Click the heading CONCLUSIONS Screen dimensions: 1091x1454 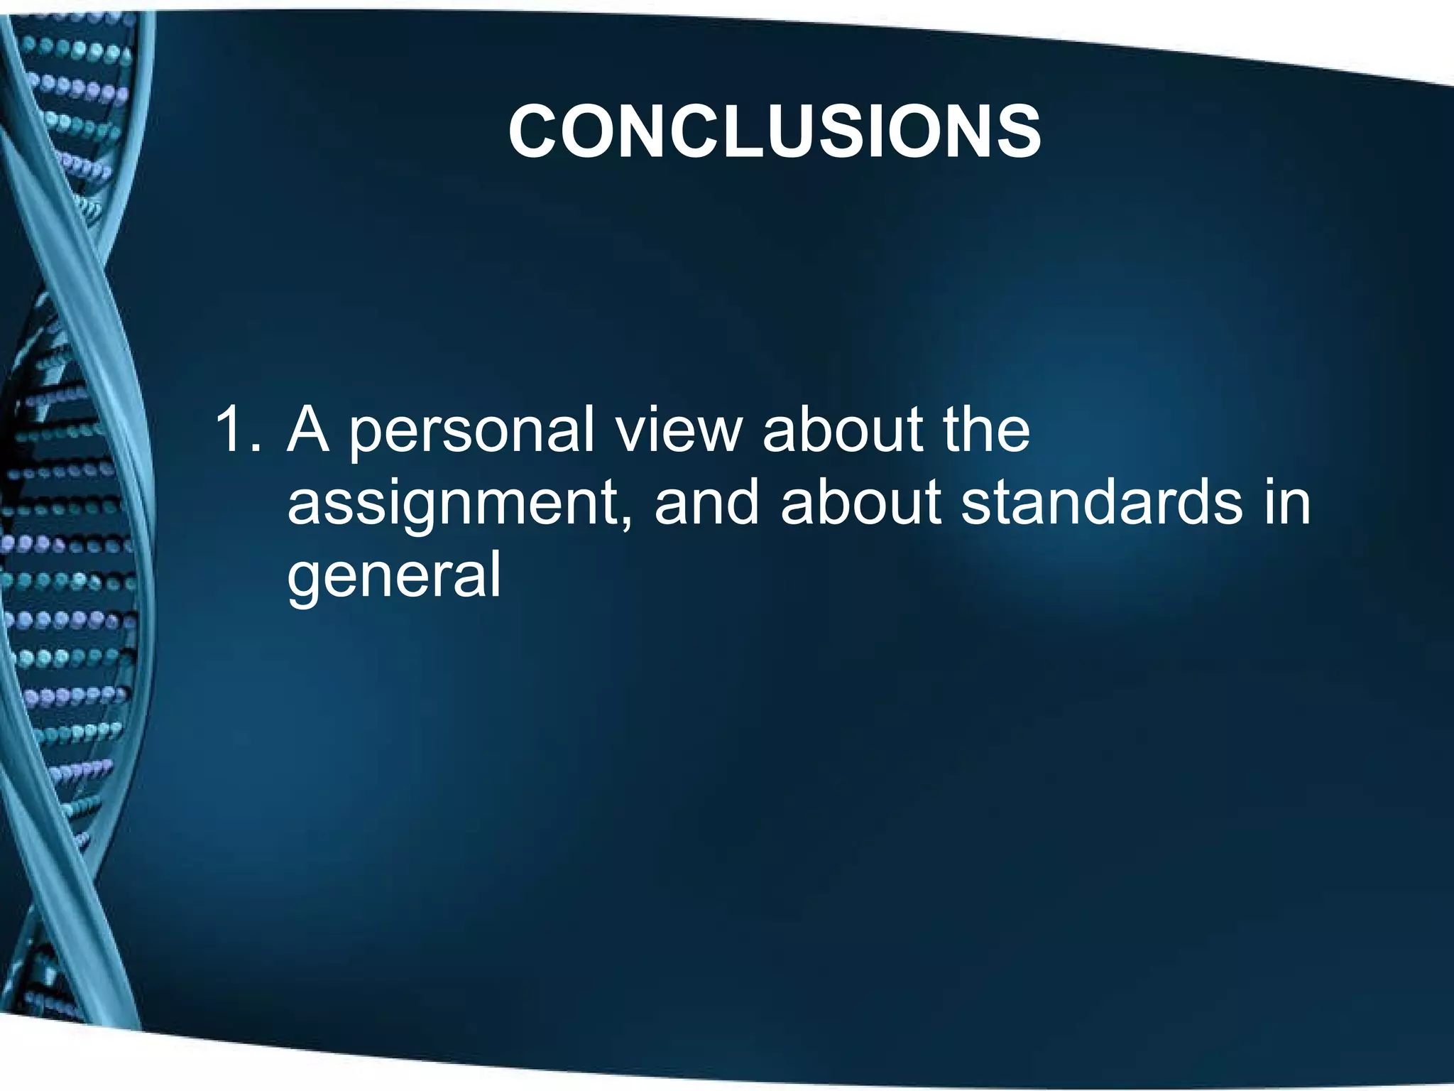tap(775, 131)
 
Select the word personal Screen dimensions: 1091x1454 tap(471, 433)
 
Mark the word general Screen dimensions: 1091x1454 tap(394, 577)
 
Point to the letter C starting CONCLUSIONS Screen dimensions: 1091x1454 tap(537, 132)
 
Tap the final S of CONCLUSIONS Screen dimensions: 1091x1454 tap(1015, 132)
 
